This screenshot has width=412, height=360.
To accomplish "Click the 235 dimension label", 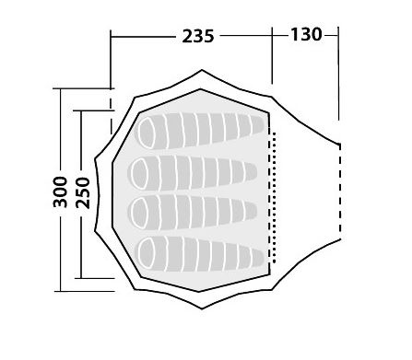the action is point(198,36).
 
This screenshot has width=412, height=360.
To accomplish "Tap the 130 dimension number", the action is point(306,34).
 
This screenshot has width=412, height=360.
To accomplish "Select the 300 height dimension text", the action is point(60,192).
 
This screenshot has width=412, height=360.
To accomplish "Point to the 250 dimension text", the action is point(83,193).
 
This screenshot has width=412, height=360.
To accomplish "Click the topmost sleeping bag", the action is point(200,131).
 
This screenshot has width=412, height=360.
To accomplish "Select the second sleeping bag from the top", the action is point(193,172).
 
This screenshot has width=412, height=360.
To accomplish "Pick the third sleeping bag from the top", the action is point(193,212).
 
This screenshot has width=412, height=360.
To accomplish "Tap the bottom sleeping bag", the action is point(200,254).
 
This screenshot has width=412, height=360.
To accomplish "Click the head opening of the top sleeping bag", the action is point(147,133).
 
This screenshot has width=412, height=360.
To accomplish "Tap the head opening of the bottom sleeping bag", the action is point(147,253).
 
